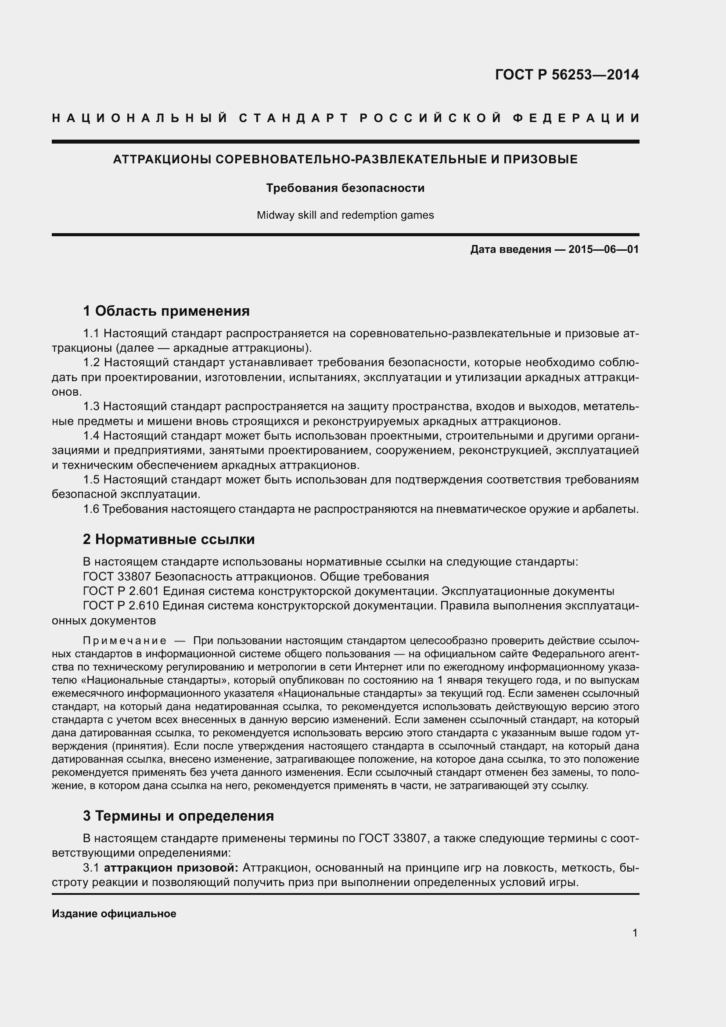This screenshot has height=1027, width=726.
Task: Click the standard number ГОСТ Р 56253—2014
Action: (566, 75)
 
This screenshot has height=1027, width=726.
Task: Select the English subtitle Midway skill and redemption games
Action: (345, 215)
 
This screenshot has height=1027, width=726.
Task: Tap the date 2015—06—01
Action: (604, 249)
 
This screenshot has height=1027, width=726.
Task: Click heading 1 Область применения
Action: (166, 310)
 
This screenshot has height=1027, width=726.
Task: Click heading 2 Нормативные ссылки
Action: (169, 539)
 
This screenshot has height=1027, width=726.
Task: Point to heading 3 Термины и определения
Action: (178, 816)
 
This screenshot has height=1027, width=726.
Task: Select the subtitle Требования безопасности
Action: (345, 188)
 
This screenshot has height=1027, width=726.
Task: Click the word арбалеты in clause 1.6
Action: (615, 509)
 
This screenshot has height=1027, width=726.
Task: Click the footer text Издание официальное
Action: (114, 914)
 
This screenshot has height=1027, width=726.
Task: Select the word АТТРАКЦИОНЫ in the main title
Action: (162, 159)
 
